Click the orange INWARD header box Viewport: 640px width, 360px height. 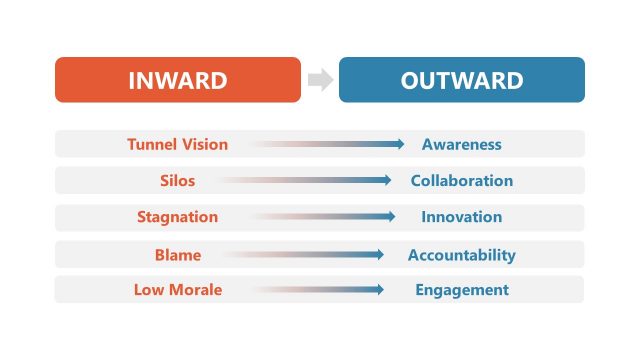point(177,80)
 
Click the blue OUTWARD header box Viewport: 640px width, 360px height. point(462,80)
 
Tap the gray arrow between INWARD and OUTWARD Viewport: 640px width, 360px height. point(320,80)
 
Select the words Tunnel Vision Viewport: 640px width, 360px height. point(177,144)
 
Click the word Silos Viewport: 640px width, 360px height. point(177,181)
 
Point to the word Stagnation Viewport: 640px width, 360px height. point(177,217)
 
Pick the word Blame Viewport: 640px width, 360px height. point(177,255)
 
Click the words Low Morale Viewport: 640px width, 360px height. point(177,290)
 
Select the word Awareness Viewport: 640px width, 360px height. point(461,144)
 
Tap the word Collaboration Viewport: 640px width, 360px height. point(461,181)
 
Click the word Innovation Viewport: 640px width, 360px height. point(461,217)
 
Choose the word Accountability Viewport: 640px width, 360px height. point(461,255)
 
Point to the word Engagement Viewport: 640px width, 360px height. point(461,290)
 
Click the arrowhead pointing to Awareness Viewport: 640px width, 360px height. point(399,144)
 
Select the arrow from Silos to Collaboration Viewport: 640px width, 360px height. point(305,181)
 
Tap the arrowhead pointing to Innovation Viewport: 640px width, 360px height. point(391,217)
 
